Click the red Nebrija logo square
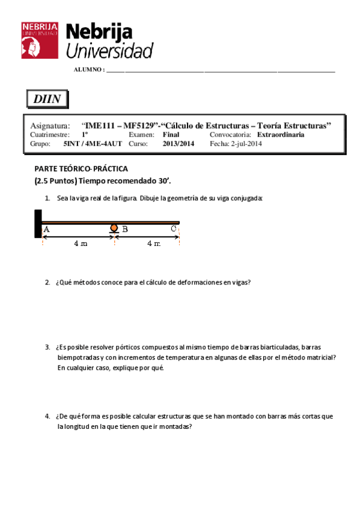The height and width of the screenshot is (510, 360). point(40,40)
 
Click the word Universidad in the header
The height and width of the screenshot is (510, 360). point(109,51)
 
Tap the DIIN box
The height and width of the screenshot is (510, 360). point(47,99)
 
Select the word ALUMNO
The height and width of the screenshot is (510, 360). point(88,70)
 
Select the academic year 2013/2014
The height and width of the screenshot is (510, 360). point(178,144)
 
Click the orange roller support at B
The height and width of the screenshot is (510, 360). point(114,229)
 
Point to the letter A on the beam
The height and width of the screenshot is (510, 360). point(47,229)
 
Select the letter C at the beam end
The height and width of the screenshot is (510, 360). point(173,229)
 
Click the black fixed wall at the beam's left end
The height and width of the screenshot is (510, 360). point(38,224)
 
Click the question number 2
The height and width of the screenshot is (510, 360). point(47,282)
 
